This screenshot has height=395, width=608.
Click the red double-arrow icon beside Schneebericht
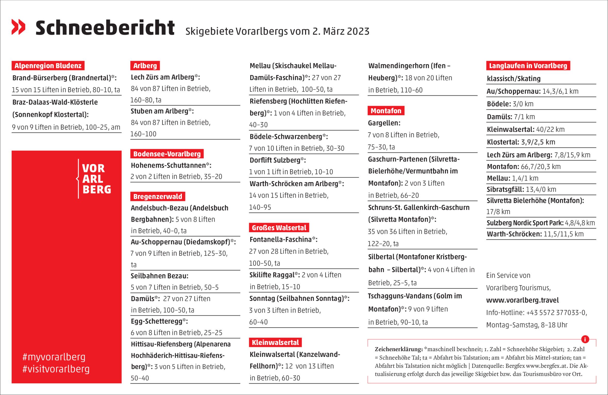(18, 27)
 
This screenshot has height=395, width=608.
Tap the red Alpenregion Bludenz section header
(48, 66)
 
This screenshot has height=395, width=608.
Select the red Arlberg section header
(145, 66)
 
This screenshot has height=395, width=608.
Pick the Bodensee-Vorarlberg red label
(167, 154)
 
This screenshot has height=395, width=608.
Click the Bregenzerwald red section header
(158, 197)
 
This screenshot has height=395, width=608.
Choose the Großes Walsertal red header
(279, 228)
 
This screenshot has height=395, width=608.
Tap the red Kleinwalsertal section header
(275, 342)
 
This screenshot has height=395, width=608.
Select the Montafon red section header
(386, 111)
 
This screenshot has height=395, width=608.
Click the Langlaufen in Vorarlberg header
(528, 66)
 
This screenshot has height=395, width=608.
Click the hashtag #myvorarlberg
(54, 357)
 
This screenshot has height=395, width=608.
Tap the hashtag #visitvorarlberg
(56, 369)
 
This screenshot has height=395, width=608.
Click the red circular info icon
(585, 339)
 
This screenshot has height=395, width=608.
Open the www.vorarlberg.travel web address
(522, 300)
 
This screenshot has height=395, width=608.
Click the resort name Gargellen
(384, 123)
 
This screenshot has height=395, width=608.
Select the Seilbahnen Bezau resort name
(159, 276)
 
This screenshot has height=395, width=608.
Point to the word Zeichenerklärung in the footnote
(399, 349)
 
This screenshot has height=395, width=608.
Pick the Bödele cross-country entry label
(499, 104)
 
